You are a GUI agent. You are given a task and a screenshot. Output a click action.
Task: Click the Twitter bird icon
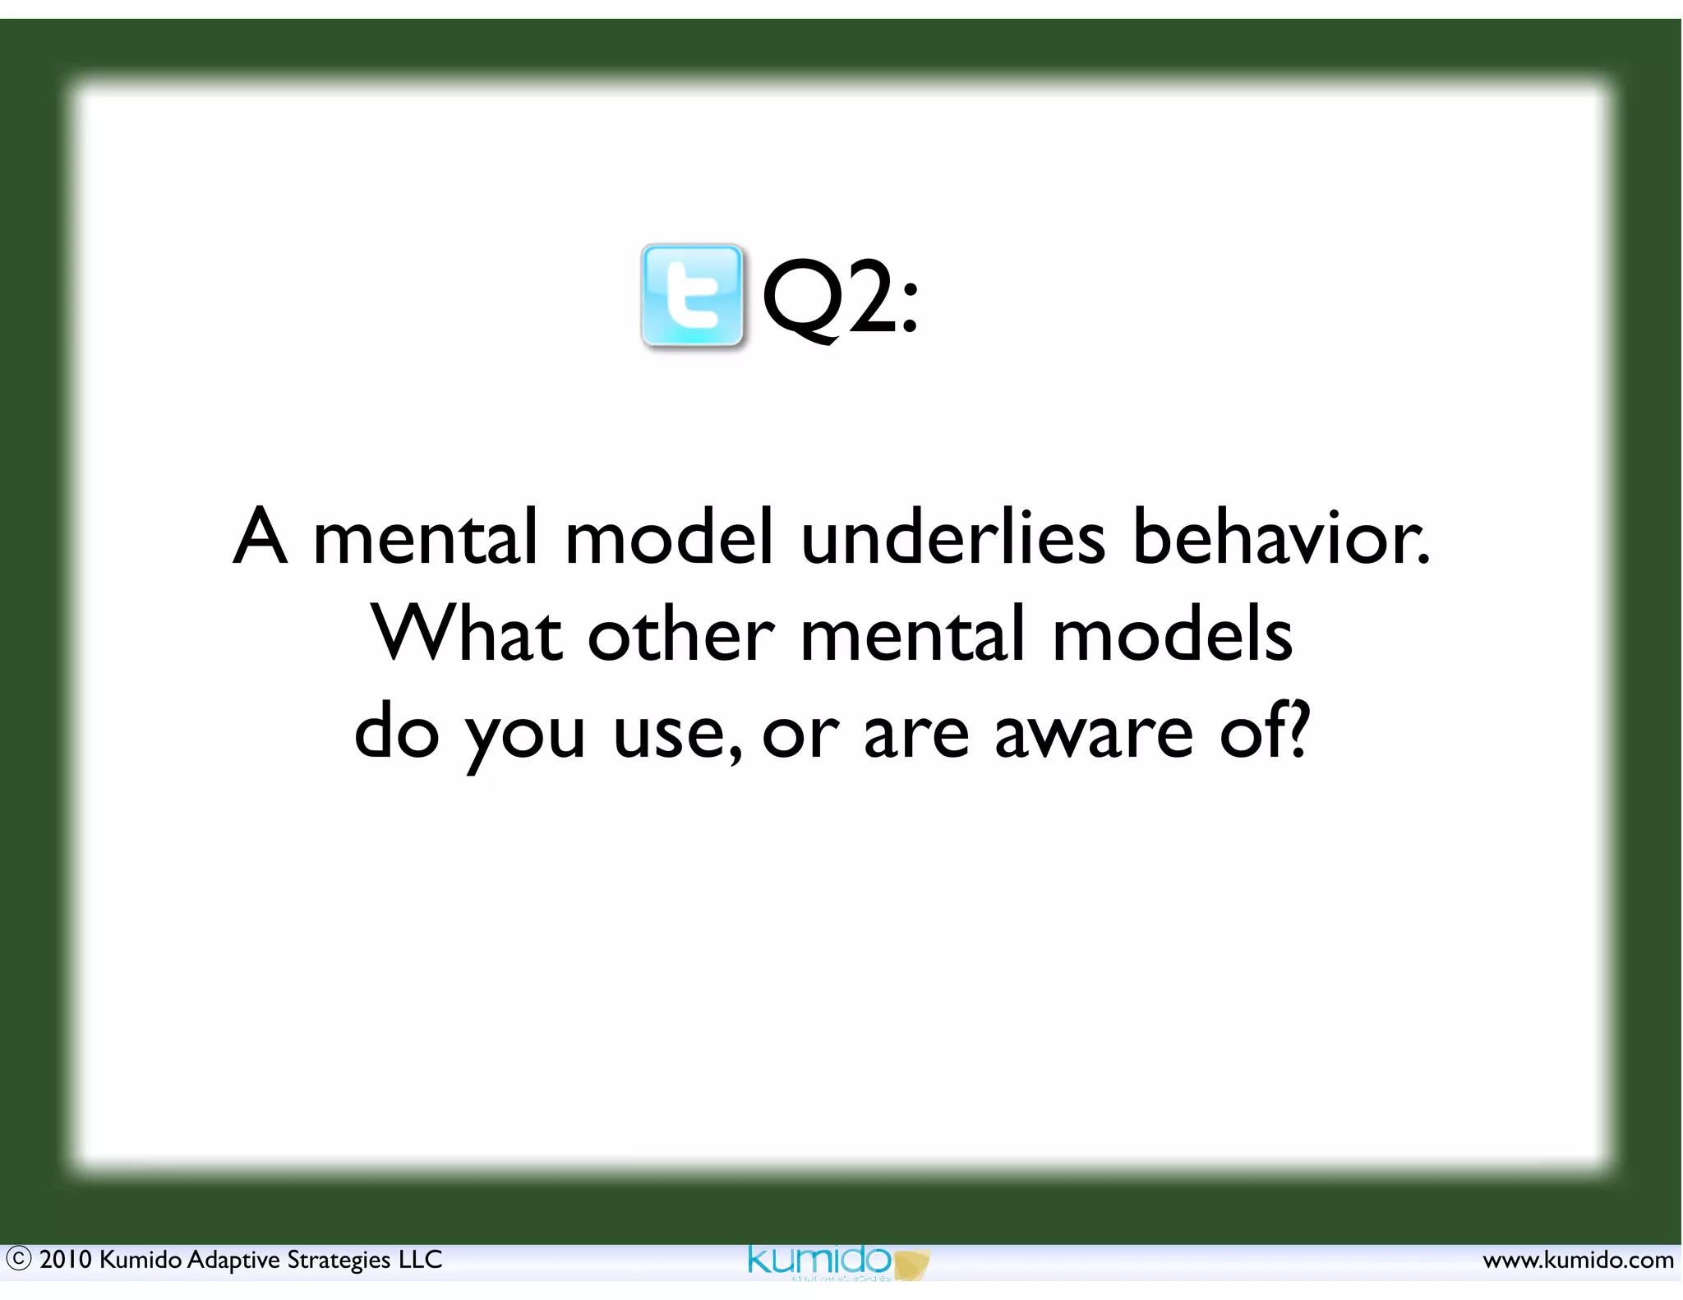point(692,296)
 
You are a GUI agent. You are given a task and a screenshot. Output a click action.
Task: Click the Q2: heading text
point(840,297)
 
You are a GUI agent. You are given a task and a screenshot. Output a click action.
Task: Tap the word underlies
point(953,537)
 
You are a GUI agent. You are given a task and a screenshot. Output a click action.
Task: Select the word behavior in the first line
point(1280,537)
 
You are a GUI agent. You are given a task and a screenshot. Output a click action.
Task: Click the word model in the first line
point(669,537)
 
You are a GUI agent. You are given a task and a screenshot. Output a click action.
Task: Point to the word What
point(467,634)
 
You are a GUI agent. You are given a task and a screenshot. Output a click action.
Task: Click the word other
point(681,634)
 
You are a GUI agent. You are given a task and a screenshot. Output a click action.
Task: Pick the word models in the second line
point(1173,634)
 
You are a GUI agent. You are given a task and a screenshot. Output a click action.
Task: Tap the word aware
point(1093,731)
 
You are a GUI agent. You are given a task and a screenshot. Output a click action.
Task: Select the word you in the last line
point(525,734)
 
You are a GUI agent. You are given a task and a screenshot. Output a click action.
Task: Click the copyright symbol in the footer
point(18,1259)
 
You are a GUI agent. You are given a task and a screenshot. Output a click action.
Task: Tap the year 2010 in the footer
point(66,1259)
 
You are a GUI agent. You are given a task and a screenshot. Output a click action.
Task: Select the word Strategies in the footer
point(339,1260)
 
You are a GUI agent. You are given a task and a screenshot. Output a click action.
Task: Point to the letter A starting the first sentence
point(261,537)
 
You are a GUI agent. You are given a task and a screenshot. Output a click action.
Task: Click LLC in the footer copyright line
point(421,1259)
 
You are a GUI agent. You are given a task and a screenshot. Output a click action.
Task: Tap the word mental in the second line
point(912,634)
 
